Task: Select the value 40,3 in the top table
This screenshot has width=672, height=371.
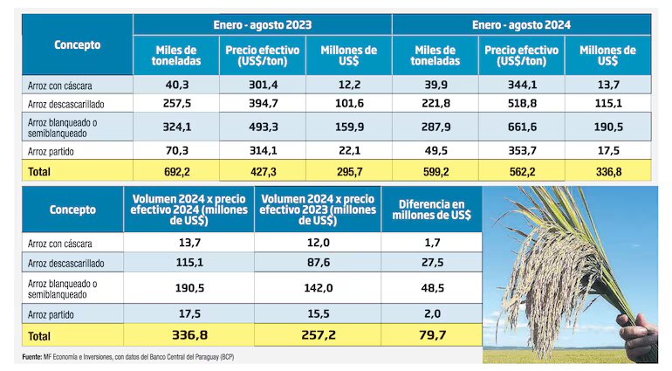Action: [x=176, y=84]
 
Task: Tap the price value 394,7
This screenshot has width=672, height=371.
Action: [x=262, y=103]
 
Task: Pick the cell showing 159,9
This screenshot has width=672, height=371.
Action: [x=348, y=126]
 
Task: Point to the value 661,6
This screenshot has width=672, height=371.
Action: [x=521, y=126]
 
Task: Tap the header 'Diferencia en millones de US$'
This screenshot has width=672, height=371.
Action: [x=432, y=210]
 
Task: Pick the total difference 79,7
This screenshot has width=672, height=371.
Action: [x=432, y=333]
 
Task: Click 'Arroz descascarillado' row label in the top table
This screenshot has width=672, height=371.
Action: [x=66, y=103]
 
